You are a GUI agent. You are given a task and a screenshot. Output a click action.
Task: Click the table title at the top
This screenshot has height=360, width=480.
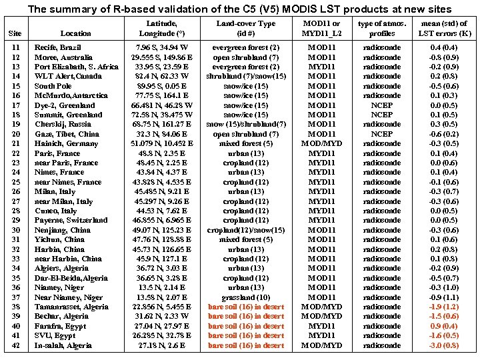[x=239, y=9]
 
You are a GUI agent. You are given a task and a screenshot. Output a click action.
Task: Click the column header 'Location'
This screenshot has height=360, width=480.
[x=75, y=33]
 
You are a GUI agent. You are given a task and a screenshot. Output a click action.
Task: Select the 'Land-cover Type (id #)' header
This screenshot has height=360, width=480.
[x=245, y=28]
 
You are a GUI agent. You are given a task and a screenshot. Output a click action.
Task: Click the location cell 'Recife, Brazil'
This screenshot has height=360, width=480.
[x=58, y=48]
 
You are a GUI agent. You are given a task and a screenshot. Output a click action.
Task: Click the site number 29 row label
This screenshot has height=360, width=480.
[x=16, y=220]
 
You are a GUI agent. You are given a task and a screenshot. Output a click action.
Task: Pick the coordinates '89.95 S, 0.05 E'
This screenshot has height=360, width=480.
[x=152, y=86]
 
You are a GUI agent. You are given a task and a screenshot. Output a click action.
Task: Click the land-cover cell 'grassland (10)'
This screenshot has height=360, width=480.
[x=246, y=297]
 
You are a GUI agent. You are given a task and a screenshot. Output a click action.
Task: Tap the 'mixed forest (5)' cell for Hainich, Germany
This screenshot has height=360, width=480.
[x=246, y=143]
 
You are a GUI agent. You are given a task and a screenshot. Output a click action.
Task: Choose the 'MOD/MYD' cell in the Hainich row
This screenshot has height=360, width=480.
[x=321, y=143]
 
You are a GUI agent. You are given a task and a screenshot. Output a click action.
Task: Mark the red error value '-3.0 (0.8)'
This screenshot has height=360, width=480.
[x=444, y=345]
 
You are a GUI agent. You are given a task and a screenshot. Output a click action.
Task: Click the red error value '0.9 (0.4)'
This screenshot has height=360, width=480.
[x=444, y=326]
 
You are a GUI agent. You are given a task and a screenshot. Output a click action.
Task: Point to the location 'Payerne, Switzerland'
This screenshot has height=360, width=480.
[x=71, y=220]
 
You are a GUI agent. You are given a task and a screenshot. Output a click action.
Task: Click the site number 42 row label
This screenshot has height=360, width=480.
[x=16, y=345]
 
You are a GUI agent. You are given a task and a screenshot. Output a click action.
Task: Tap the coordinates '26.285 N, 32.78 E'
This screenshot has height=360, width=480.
[x=153, y=335]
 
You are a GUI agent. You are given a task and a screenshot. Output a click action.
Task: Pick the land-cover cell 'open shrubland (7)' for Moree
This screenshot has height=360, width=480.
[x=246, y=57]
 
